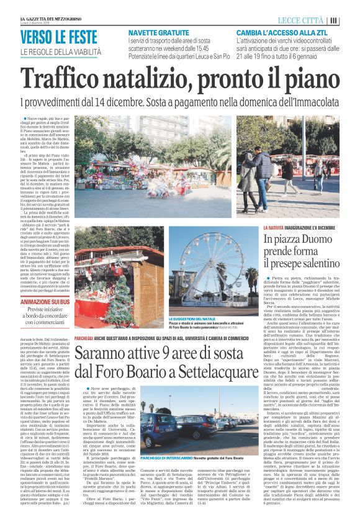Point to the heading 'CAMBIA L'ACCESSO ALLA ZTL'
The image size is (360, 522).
click(280, 32)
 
